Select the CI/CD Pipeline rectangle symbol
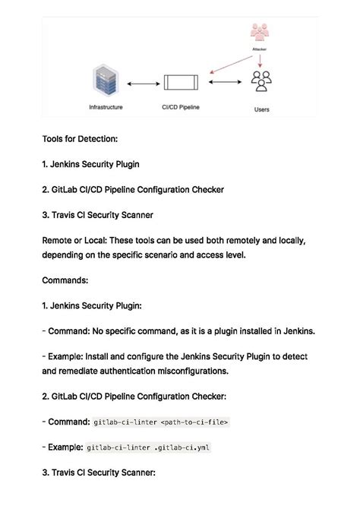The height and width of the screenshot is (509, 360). tap(180, 83)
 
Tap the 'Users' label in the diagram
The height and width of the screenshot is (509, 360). tap(261, 109)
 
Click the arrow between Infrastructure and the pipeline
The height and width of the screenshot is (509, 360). tap(141, 83)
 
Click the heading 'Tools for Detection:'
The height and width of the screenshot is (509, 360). tap(80, 139)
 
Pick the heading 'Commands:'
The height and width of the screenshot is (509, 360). tap(65, 280)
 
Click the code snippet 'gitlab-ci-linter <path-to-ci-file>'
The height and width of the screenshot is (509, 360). tap(159, 422)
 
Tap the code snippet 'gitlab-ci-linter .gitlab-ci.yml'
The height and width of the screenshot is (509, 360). tap(148, 447)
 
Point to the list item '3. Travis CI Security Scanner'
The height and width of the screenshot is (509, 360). tap(97, 214)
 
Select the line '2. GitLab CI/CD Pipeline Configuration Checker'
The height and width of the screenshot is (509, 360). tap(133, 189)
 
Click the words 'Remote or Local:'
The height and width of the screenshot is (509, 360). tap(74, 240)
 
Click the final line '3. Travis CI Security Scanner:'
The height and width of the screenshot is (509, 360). tap(99, 473)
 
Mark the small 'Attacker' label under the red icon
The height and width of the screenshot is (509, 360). tap(260, 50)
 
